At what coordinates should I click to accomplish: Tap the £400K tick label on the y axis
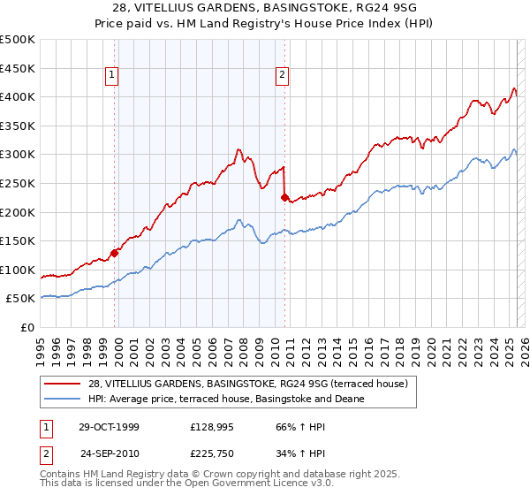click(18, 96)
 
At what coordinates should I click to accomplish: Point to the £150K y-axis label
click(18, 240)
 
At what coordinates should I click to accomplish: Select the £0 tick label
click(27, 327)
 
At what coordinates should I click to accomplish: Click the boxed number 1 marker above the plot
click(113, 76)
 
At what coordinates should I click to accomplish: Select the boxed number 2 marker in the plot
click(282, 76)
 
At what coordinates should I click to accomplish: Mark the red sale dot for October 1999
click(115, 253)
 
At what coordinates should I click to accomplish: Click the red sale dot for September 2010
click(284, 197)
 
